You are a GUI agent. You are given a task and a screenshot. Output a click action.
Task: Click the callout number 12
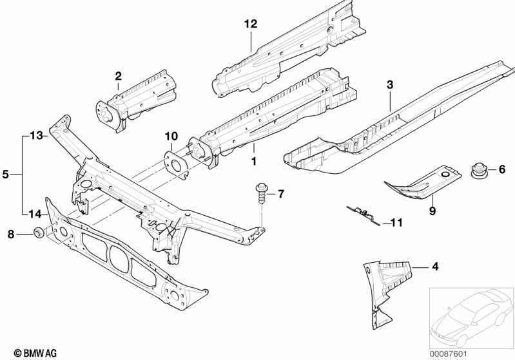pyautogui.click(x=251, y=24)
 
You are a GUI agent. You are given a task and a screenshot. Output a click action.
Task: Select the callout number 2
pyautogui.click(x=118, y=76)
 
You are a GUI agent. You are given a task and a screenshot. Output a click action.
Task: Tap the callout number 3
pyautogui.click(x=390, y=84)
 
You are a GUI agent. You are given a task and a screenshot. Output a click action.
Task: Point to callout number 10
pyautogui.click(x=171, y=136)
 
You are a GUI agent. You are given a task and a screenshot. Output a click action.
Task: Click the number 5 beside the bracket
pyautogui.click(x=6, y=175)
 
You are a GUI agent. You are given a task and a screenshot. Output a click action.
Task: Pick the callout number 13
pyautogui.click(x=37, y=135)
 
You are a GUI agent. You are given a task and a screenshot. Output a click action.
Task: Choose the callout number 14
pyautogui.click(x=35, y=214)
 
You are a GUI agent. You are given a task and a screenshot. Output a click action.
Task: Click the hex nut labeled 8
pyautogui.click(x=39, y=232)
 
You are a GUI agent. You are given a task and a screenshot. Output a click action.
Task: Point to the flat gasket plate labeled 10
pyautogui.click(x=177, y=164)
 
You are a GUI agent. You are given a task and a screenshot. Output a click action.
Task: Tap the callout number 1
pyautogui.click(x=253, y=162)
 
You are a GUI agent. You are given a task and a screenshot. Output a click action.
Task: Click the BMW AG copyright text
pyautogui.click(x=35, y=353)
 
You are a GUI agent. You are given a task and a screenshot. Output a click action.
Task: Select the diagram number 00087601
pyautogui.click(x=448, y=354)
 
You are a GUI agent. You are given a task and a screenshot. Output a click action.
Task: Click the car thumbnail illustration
pyautogui.click(x=472, y=318)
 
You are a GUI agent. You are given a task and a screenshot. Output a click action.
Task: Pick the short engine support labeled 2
pyautogui.click(x=136, y=100)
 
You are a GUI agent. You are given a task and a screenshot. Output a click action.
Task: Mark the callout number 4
pyautogui.click(x=435, y=267)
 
